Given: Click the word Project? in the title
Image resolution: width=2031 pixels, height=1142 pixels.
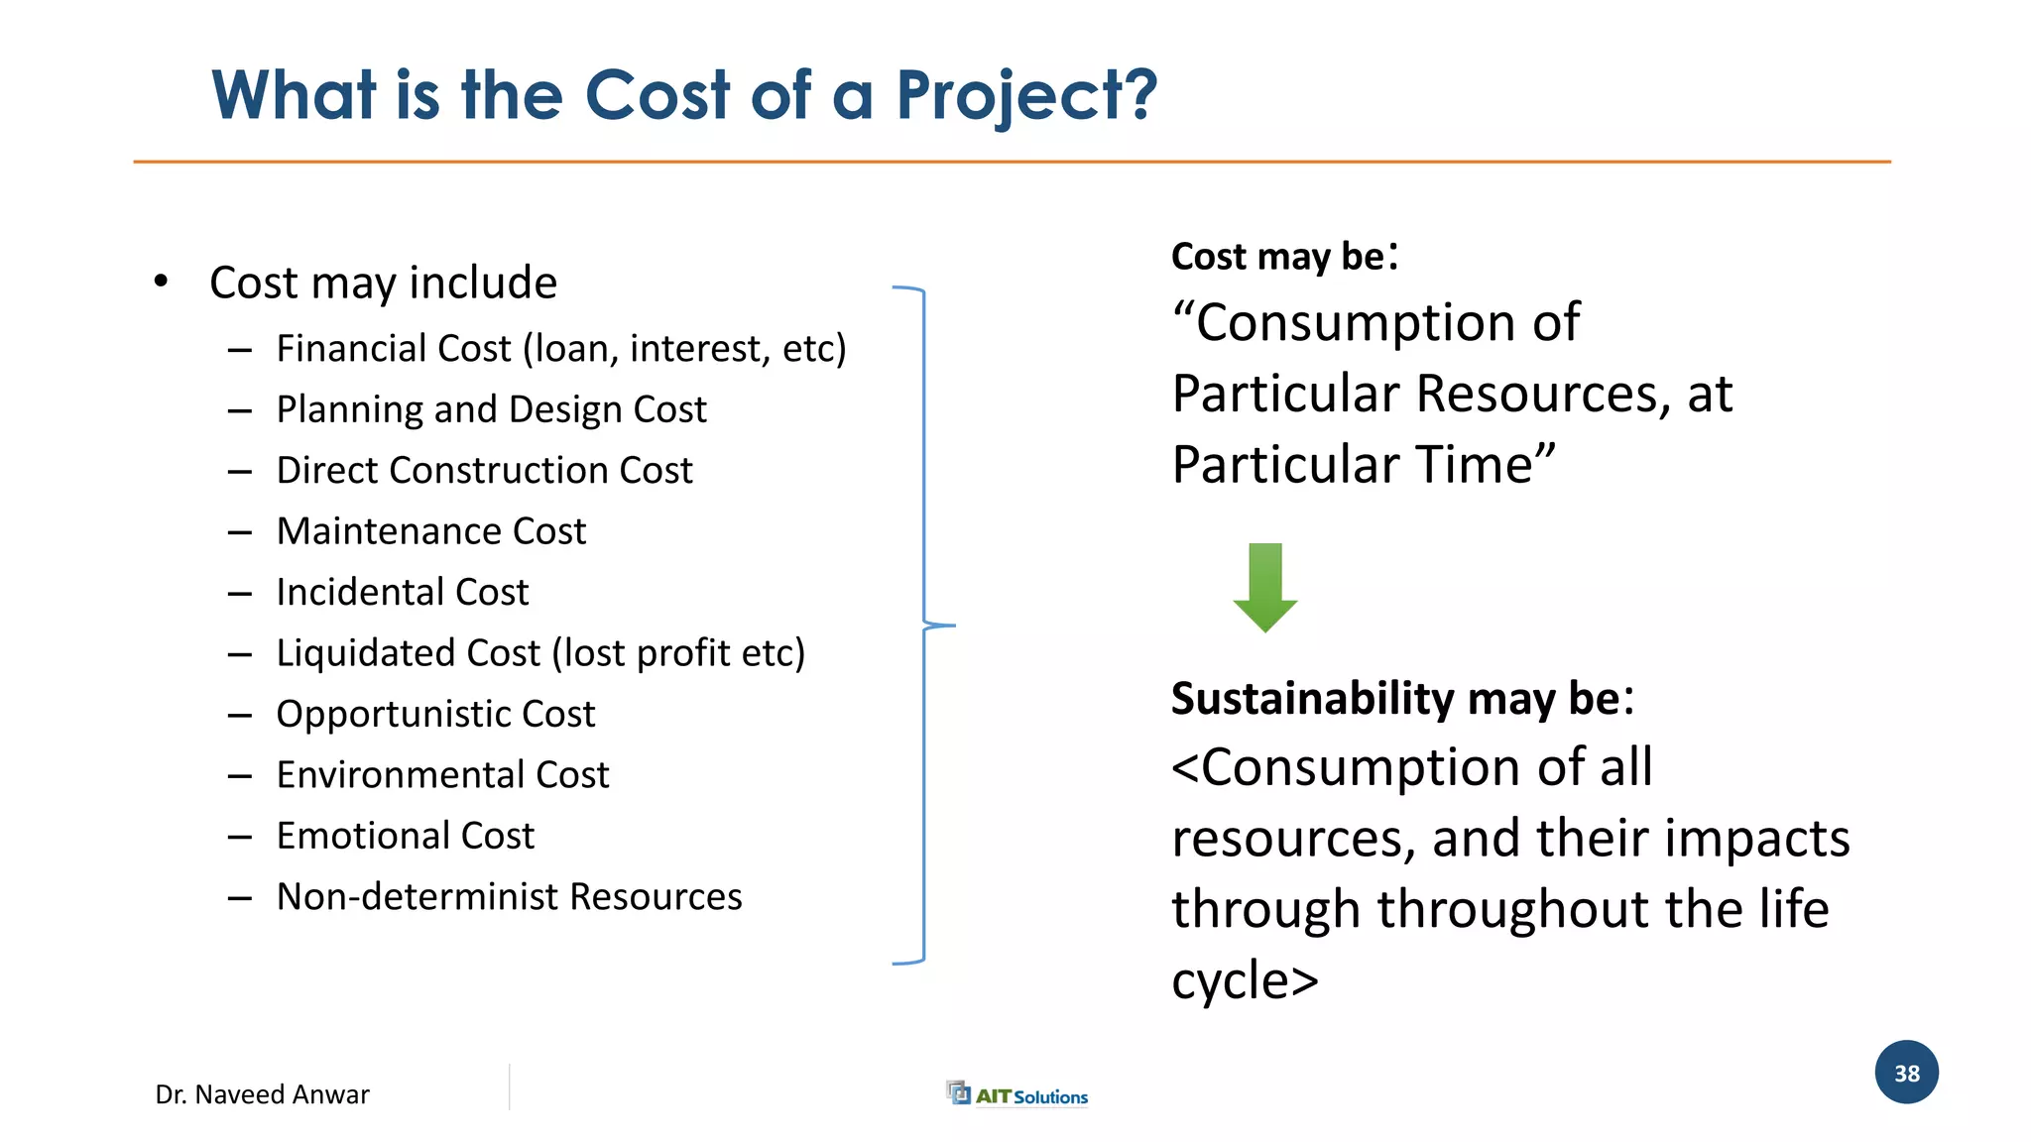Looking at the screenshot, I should tap(1026, 97).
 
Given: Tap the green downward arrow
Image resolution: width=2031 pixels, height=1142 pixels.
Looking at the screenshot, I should tap(1265, 587).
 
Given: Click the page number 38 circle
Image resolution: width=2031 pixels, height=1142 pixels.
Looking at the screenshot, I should tap(1906, 1073).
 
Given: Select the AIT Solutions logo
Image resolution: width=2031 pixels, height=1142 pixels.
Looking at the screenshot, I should tap(1017, 1094).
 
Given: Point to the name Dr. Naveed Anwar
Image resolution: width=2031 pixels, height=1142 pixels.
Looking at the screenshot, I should tap(262, 1094).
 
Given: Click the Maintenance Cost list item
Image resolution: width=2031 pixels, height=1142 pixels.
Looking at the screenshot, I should tap(431, 531).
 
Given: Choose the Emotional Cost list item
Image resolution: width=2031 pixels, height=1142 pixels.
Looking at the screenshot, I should tap(405, 836).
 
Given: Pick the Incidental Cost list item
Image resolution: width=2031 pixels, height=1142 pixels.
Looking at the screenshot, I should tap(403, 592).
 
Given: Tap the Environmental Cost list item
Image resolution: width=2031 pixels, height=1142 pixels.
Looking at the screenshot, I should tap(442, 775).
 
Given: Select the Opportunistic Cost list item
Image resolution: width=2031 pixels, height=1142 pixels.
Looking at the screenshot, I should tap(435, 714).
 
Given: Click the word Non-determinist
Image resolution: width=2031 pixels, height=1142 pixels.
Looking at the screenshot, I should tap(417, 897).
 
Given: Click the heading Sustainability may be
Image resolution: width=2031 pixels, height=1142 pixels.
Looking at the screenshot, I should tap(1401, 699).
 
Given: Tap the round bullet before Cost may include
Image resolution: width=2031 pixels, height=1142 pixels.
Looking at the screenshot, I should tap(162, 282).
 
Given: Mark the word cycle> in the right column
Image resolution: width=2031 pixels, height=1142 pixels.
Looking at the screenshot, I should tap(1245, 980).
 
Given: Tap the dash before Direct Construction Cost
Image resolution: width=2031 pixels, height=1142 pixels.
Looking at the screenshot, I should tap(239, 472).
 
